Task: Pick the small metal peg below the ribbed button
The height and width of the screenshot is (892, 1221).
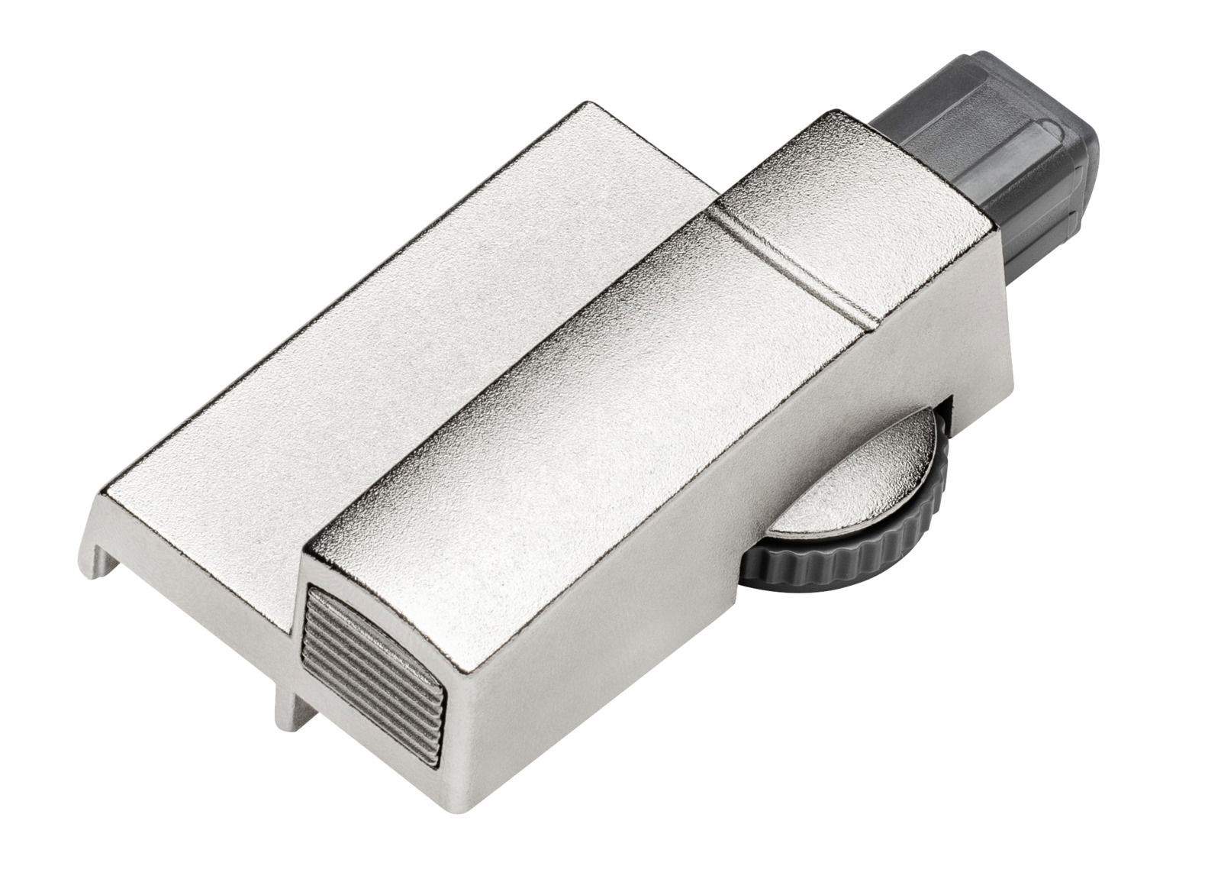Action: [285, 710]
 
